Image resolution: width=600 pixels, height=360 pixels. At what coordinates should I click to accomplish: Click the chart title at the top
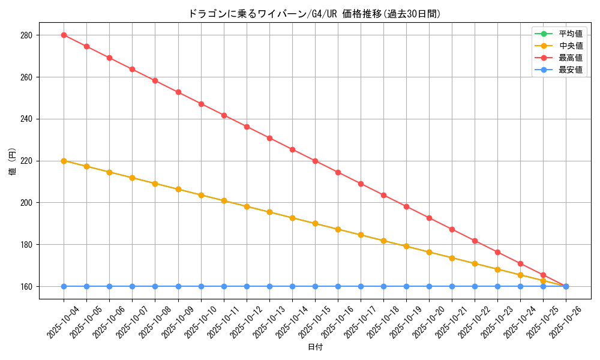pyautogui.click(x=314, y=14)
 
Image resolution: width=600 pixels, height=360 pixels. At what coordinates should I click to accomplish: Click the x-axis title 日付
pyautogui.click(x=315, y=347)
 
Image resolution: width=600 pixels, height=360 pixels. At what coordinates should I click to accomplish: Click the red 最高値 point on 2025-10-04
pyautogui.click(x=64, y=35)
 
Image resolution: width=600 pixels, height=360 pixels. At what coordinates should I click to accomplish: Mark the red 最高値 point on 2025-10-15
pyautogui.click(x=315, y=161)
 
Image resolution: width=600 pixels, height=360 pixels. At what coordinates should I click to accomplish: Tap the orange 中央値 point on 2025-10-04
pyautogui.click(x=64, y=161)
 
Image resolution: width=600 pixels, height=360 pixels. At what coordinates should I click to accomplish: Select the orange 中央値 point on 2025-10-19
pyautogui.click(x=406, y=246)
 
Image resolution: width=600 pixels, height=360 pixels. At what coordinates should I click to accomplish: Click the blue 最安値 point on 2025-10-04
pyautogui.click(x=64, y=286)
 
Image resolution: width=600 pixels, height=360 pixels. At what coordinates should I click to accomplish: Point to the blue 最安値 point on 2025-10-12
pyautogui.click(x=247, y=286)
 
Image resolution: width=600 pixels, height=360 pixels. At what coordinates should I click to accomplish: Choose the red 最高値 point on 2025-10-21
pyautogui.click(x=452, y=229)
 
